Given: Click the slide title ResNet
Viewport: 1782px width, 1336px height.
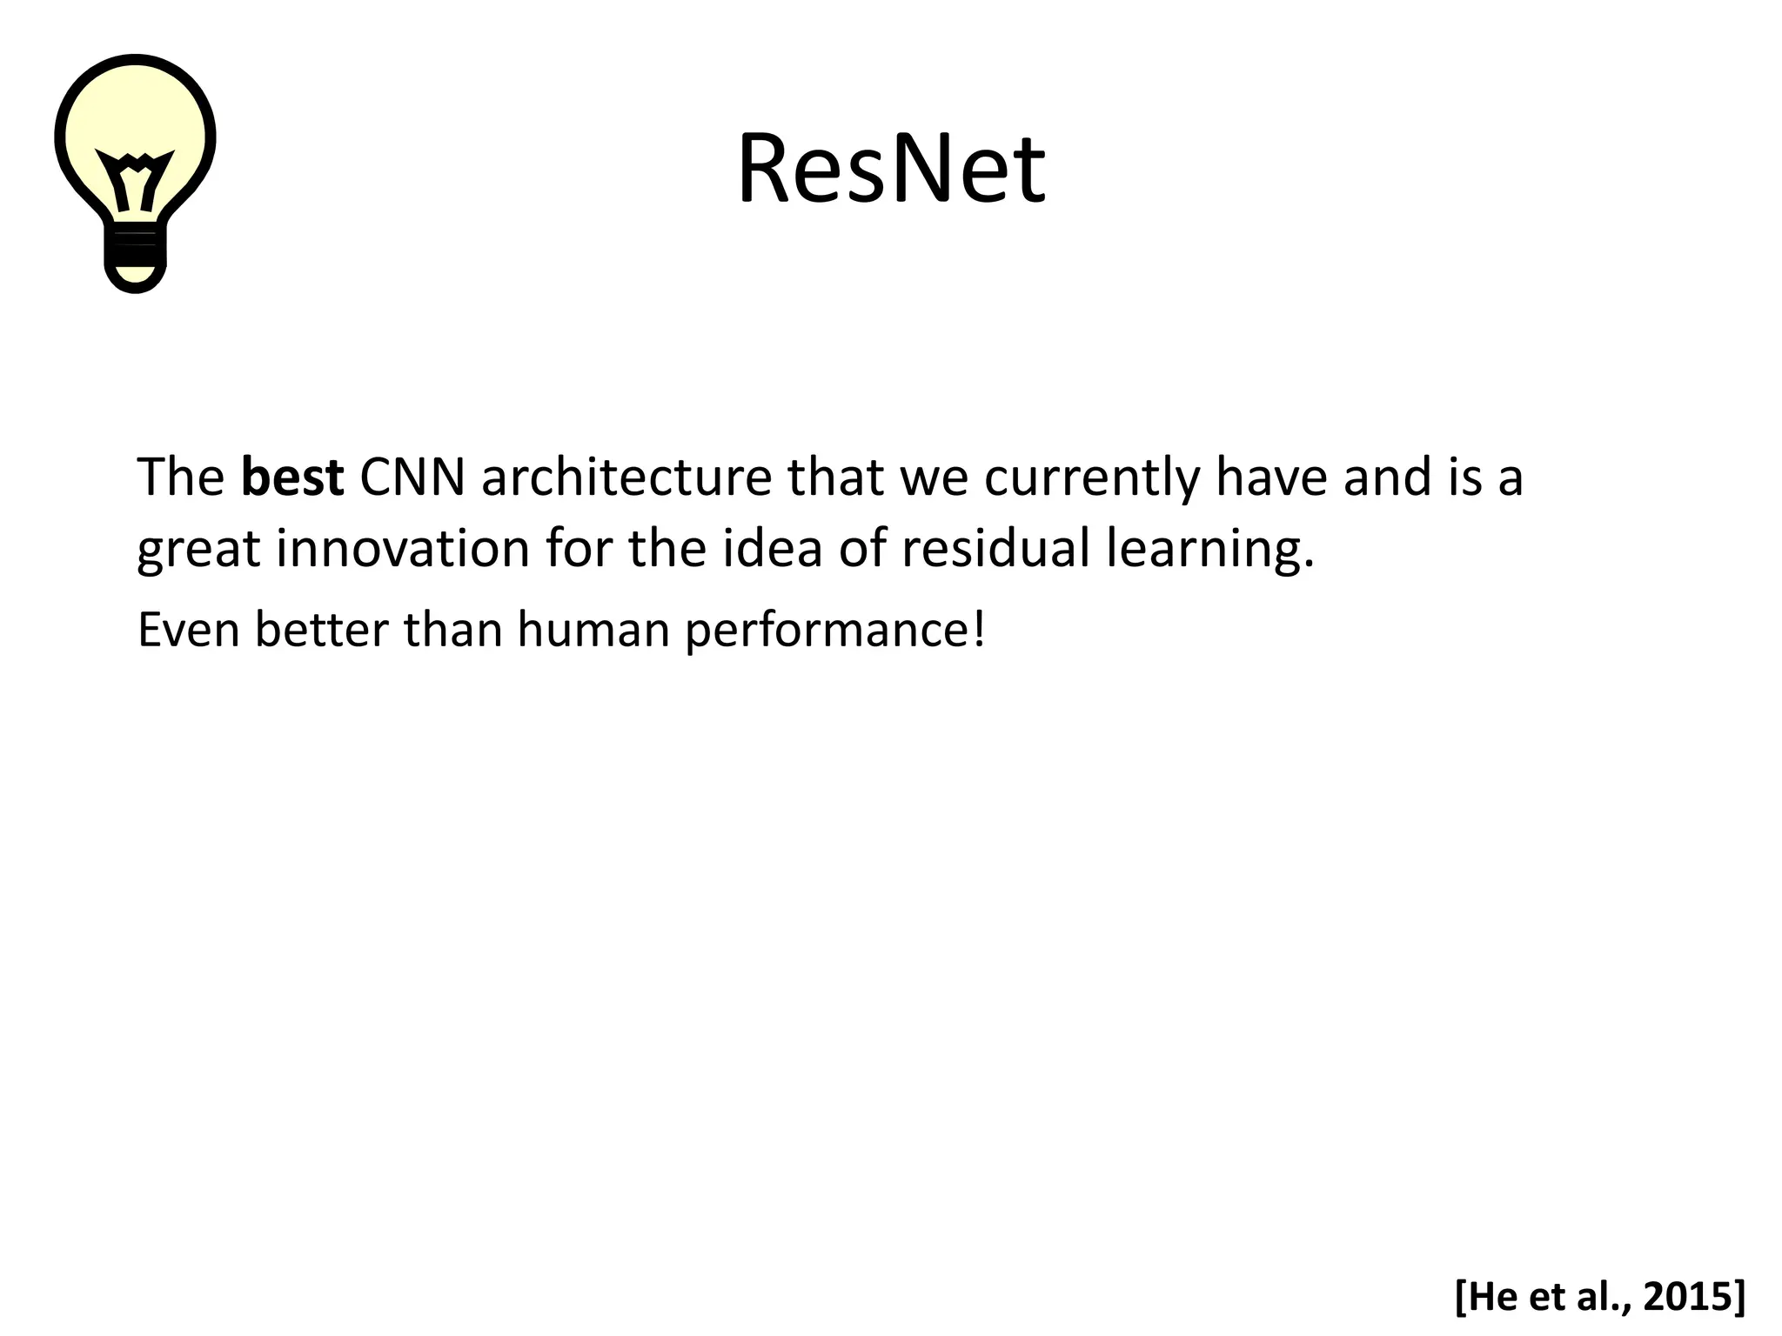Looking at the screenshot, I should click(x=891, y=170).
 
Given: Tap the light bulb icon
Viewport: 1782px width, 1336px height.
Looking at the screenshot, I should click(x=135, y=165).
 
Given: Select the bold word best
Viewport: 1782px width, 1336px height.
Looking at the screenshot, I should click(x=292, y=478).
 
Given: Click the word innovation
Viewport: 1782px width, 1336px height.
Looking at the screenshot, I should click(x=403, y=549).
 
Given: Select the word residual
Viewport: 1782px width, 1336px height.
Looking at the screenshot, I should click(x=995, y=549).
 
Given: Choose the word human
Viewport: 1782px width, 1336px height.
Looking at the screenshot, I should click(x=593, y=630).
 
